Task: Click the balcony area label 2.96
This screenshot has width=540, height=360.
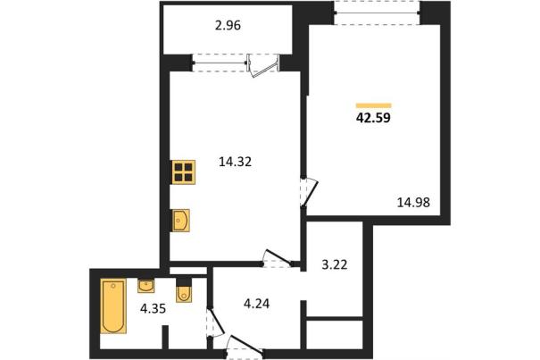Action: point(228,26)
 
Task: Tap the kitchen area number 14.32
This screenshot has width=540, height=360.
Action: point(236,162)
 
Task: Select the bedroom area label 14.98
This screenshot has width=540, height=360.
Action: point(413,203)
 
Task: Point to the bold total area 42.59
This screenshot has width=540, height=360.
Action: point(373,118)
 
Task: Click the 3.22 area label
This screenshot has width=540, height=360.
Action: point(335,264)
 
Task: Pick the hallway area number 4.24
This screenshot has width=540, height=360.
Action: point(256,304)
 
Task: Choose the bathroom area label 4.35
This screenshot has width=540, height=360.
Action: point(153,308)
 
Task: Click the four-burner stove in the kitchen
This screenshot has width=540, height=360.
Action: point(184,172)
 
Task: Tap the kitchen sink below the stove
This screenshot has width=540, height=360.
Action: point(181,220)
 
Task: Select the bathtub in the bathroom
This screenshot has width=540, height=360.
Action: point(113,306)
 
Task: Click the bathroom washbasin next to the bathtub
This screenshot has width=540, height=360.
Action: point(145,286)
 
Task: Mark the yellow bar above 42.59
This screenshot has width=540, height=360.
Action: point(374,105)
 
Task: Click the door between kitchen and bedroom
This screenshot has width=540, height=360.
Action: point(308,192)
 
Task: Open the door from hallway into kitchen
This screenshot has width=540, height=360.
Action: point(278,258)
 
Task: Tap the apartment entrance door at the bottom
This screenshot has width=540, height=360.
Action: point(245,346)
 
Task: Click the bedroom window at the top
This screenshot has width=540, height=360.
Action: point(377,13)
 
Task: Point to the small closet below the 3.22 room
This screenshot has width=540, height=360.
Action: point(335,335)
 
